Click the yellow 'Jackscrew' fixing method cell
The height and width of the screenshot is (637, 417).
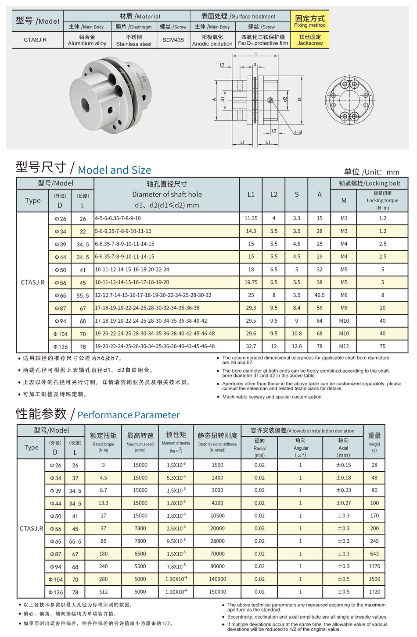[x=309, y=40]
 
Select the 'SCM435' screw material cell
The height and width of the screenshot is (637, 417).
[x=173, y=40]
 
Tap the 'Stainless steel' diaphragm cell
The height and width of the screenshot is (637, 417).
[x=133, y=40]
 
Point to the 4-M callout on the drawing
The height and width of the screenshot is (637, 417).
[x=298, y=132]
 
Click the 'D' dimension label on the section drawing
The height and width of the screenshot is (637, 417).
[x=300, y=100]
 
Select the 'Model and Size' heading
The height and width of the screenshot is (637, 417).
[x=114, y=170]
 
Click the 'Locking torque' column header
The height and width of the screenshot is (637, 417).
[x=382, y=200]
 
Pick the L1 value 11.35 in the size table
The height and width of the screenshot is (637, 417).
[x=251, y=218]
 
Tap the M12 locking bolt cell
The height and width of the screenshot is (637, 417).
[x=344, y=346]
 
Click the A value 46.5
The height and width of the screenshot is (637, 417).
[x=319, y=295]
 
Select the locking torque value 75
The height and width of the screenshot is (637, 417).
[x=382, y=346]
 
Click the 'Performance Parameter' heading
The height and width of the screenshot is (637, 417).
[x=128, y=415]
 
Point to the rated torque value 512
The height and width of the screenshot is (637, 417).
[x=103, y=591]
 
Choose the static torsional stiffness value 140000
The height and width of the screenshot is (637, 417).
[x=217, y=579]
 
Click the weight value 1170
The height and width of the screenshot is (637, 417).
[x=374, y=566]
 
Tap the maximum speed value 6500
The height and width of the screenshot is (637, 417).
[x=140, y=554]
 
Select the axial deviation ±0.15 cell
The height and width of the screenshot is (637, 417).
[x=343, y=465]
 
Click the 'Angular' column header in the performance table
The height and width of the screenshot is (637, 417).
[x=301, y=448]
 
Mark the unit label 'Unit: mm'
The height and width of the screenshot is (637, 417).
[x=371, y=172]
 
